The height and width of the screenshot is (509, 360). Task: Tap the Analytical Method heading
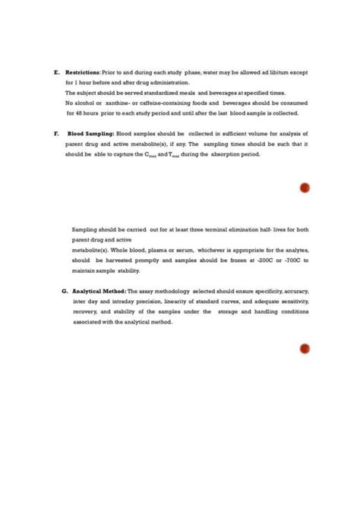(x=99, y=291)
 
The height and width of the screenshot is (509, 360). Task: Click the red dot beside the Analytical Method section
(x=305, y=349)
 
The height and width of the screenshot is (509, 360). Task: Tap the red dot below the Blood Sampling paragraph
(x=305, y=188)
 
